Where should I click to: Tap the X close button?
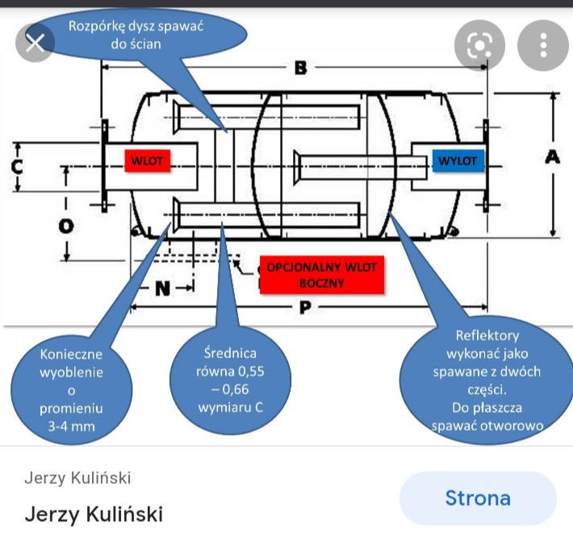pyautogui.click(x=35, y=43)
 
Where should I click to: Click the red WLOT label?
pyautogui.click(x=148, y=161)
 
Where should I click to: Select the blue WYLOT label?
pyautogui.click(x=458, y=161)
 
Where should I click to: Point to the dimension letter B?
pyautogui.click(x=300, y=69)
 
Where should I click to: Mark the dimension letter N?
pyautogui.click(x=163, y=286)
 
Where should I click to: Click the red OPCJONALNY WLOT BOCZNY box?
pyautogui.click(x=321, y=275)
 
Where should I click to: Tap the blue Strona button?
pyautogui.click(x=478, y=498)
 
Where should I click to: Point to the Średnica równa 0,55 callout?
pyautogui.click(x=231, y=380)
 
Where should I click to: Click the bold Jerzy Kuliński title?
pyautogui.click(x=94, y=514)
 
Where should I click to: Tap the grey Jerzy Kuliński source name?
pyautogui.click(x=77, y=477)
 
